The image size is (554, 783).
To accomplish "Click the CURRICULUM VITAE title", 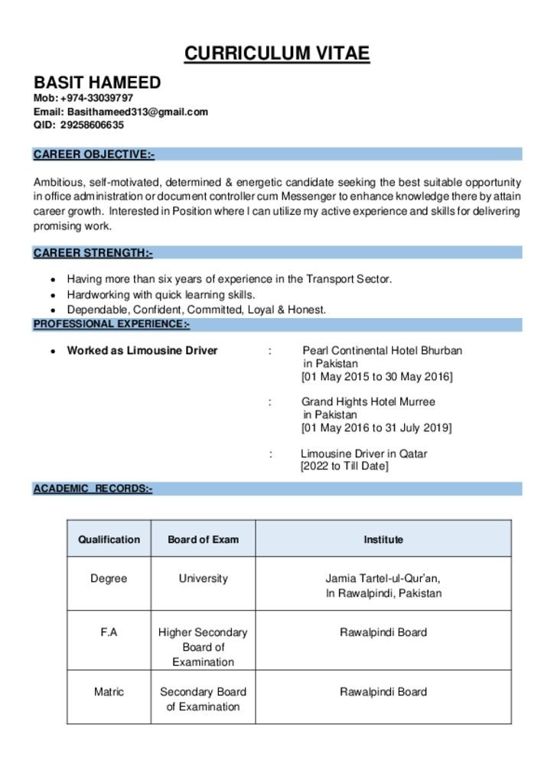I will point(277,54).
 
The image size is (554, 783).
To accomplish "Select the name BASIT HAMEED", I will point(97,83).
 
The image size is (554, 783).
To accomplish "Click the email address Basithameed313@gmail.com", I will point(137,112).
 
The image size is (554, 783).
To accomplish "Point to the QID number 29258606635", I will point(92,125).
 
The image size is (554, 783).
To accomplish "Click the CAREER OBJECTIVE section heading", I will point(93,154).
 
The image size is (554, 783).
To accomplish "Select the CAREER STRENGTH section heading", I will point(93,252).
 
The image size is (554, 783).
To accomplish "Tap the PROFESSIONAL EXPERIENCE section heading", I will point(111,324).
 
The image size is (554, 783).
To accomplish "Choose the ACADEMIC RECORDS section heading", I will point(93,489).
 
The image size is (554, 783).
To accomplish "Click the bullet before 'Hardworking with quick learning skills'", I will point(52,295).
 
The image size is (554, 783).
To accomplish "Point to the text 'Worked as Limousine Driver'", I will point(142,351).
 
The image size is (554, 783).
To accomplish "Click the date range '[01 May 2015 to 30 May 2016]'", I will point(376,377).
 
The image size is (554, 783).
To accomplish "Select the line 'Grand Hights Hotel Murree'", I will point(368,401).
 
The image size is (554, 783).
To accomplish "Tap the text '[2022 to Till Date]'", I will point(344,466).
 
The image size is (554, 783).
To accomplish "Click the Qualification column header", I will point(109,539).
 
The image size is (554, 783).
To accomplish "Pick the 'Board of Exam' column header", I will point(203,539).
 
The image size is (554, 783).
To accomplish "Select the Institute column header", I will point(383,539).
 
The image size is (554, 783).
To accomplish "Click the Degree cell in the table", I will point(109,579).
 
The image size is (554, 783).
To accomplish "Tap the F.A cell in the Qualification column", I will point(109,632).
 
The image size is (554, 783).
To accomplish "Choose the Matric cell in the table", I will point(109,692).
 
